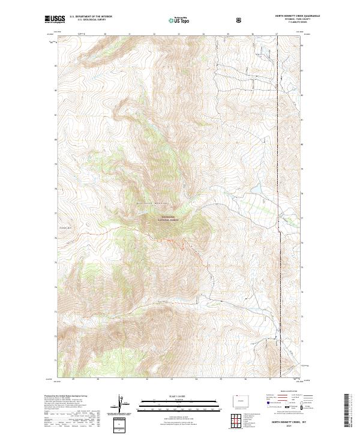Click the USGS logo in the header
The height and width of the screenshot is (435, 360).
tap(55, 19)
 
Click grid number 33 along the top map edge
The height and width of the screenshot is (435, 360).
tap(179, 34)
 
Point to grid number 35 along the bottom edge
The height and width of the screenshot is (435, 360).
tap(220, 379)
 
